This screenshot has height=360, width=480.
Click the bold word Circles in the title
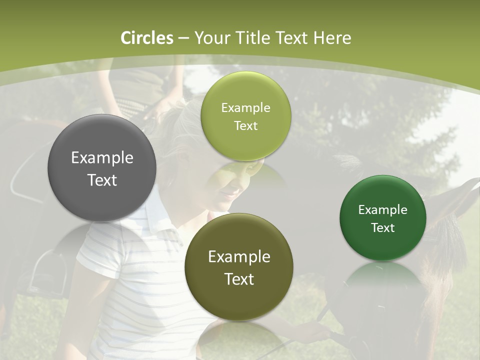tap(147, 38)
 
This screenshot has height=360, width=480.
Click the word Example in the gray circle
tap(102, 158)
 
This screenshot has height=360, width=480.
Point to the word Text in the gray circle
tap(102, 180)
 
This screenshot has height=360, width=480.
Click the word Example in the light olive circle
tap(245, 108)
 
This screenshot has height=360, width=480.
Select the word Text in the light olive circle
tap(245, 126)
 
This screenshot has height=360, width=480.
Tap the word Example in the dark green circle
tap(383, 210)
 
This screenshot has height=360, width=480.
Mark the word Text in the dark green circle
tap(383, 228)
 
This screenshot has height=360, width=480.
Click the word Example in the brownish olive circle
tap(239, 257)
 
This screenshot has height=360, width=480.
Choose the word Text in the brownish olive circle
tap(239, 279)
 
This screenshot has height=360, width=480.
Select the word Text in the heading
tap(291, 38)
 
